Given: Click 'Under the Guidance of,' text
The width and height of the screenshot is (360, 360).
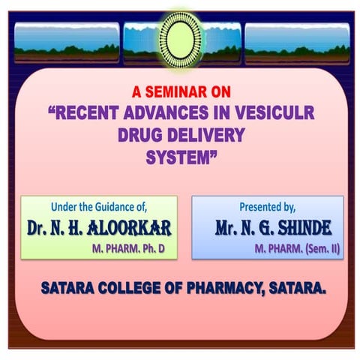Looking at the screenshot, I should (99, 205).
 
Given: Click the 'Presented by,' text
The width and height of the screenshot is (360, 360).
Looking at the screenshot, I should (268, 205).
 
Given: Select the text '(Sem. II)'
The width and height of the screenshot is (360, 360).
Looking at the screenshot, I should (319, 245).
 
